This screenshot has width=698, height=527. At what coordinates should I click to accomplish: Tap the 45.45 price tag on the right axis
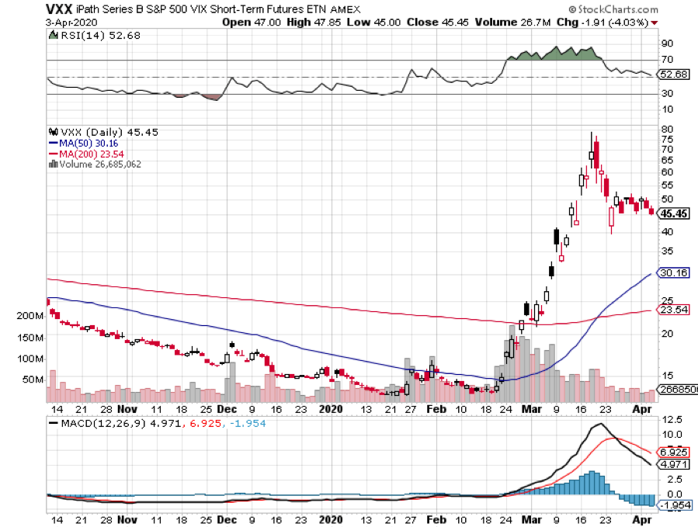(x=673, y=212)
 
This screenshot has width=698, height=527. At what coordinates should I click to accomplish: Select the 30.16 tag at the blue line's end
(x=672, y=273)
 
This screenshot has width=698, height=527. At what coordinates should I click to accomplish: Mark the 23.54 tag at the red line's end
(x=672, y=310)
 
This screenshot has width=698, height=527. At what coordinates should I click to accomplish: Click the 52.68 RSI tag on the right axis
(x=672, y=75)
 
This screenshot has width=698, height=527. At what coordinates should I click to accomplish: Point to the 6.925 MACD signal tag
(x=672, y=451)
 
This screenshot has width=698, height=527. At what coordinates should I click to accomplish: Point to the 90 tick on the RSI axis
(x=667, y=44)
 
